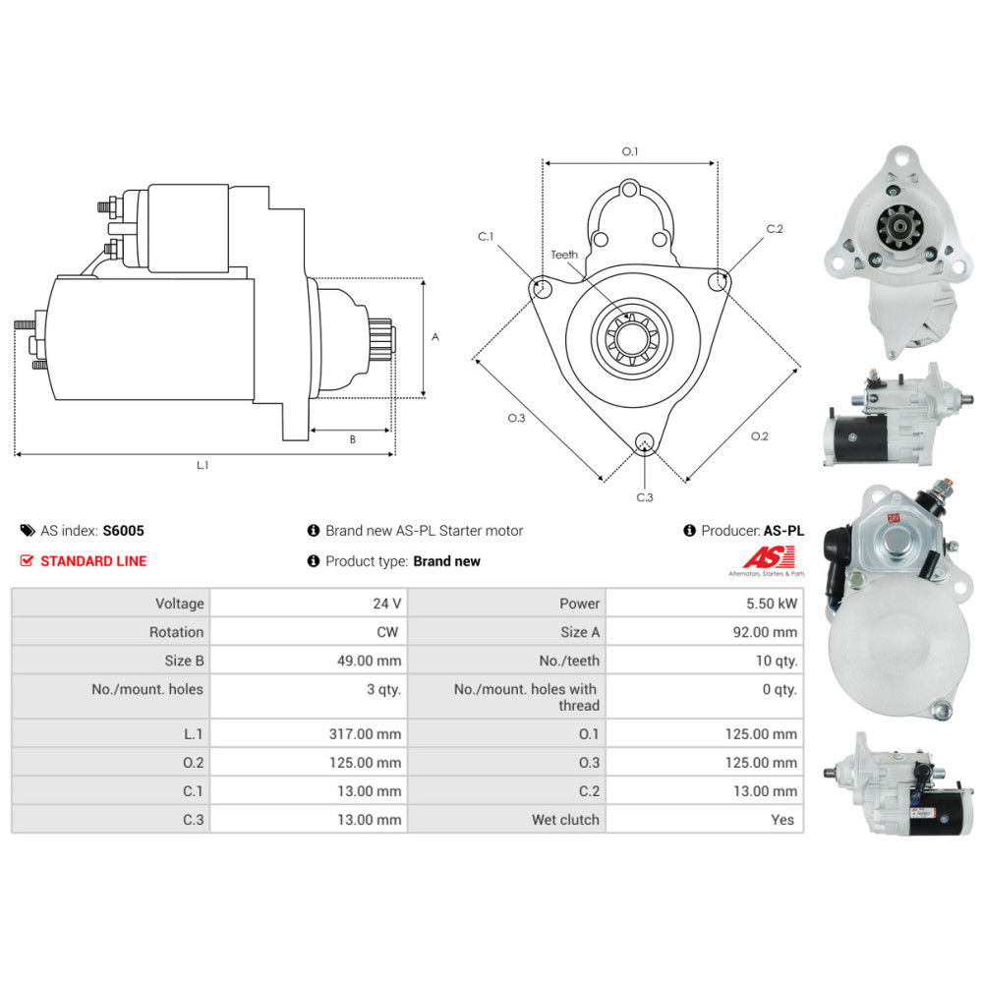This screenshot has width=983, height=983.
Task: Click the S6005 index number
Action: pos(123,531)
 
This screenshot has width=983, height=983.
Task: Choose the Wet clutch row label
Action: pos(565,820)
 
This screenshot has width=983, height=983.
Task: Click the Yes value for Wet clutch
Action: pos(784,820)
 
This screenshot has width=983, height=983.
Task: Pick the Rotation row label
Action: pos(176,632)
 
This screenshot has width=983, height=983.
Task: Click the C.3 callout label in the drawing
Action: pos(645,497)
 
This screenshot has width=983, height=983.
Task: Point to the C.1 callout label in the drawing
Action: pos(487,237)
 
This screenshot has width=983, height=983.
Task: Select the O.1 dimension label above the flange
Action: pos(630,152)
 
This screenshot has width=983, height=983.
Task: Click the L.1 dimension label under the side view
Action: pos(202,465)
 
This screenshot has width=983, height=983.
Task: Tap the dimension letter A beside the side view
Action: pos(435,337)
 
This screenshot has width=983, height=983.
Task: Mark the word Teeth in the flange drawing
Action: pos(564,255)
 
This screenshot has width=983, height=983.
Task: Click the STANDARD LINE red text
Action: pos(92,561)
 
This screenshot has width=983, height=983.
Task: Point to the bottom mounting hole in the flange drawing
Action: pos(645,441)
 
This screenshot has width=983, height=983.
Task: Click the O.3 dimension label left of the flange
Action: pos(516,419)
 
